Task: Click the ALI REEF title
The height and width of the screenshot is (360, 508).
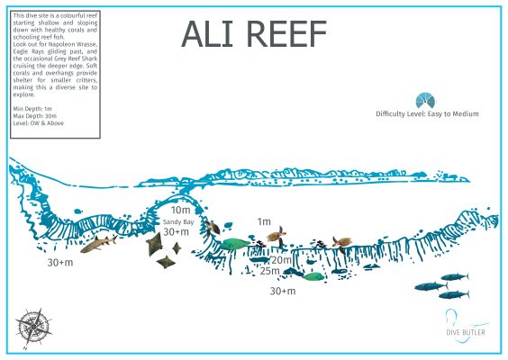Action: pyautogui.click(x=255, y=33)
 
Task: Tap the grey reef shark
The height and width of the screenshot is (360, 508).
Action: pyautogui.click(x=98, y=243)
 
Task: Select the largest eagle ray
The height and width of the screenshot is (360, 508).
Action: pyautogui.click(x=155, y=243)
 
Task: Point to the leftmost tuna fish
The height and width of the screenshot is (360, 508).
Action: pyautogui.click(x=426, y=286)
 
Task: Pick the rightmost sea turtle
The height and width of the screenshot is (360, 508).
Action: pyautogui.click(x=341, y=241)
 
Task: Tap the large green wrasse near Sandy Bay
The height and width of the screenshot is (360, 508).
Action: pyautogui.click(x=234, y=243)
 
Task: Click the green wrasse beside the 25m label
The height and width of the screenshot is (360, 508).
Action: pyautogui.click(x=312, y=275)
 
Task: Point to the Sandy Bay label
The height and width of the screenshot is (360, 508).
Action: pyautogui.click(x=178, y=221)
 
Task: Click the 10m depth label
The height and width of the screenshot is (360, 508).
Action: pyautogui.click(x=180, y=210)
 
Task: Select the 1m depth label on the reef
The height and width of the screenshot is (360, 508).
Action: pyautogui.click(x=264, y=221)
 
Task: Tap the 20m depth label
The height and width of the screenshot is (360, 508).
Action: pyautogui.click(x=281, y=259)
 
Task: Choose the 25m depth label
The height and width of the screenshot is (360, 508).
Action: pyautogui.click(x=269, y=270)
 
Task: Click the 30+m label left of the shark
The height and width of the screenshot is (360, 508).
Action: pyautogui.click(x=60, y=263)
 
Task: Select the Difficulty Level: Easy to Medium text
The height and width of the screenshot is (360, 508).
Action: pyautogui.click(x=427, y=114)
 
